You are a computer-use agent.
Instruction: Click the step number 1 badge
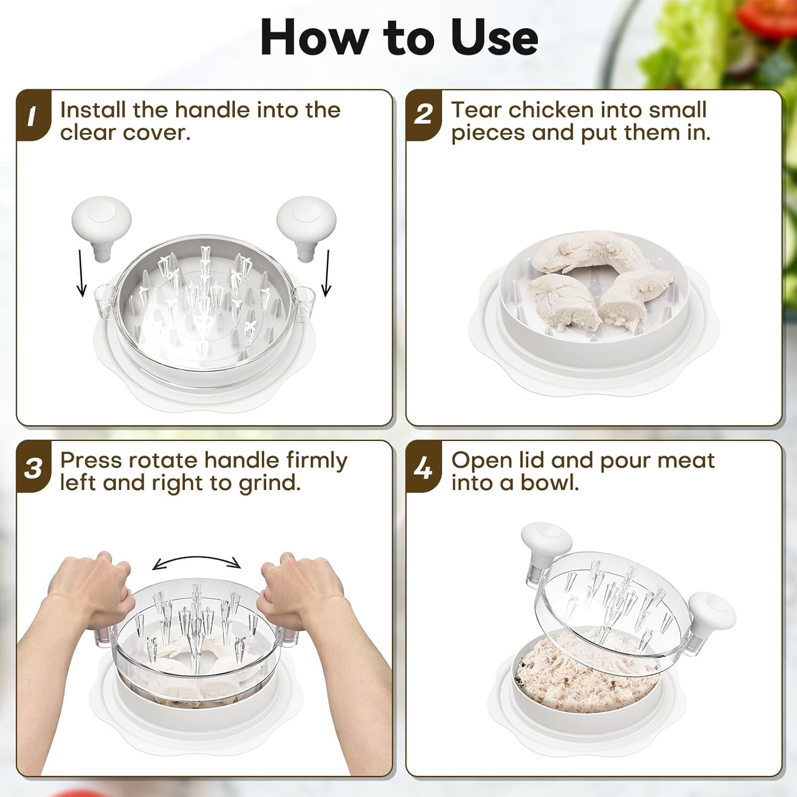(33, 116)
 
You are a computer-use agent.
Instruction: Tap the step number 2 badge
(423, 116)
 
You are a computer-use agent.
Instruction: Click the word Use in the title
(494, 37)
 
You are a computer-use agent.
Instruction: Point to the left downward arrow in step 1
(81, 273)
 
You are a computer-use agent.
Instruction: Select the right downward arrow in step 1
(327, 273)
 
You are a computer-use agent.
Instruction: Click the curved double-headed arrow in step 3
(197, 557)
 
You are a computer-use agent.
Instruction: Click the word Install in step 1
(94, 110)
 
